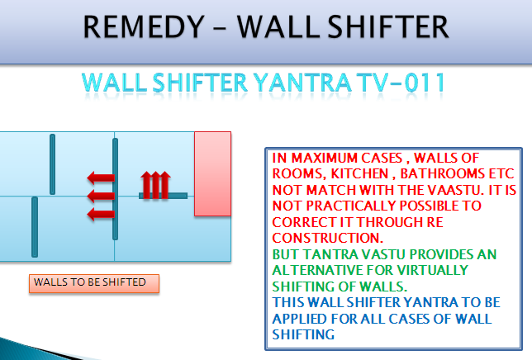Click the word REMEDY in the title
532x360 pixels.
(x=144, y=26)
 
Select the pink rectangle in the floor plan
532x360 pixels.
(x=213, y=174)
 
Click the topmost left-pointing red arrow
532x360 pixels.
(x=101, y=178)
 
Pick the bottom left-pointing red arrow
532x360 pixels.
(x=101, y=214)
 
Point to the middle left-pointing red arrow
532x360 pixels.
(x=101, y=196)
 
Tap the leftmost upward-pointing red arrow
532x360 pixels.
(x=146, y=185)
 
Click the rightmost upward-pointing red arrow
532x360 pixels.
(x=164, y=185)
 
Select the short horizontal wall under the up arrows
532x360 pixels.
(x=164, y=196)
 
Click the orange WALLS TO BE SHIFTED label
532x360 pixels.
(x=94, y=283)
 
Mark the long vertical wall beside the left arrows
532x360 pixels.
(x=116, y=189)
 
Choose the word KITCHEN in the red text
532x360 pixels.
(x=359, y=174)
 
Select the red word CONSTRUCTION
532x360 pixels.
(x=328, y=238)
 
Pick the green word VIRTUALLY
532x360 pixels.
(x=433, y=270)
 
